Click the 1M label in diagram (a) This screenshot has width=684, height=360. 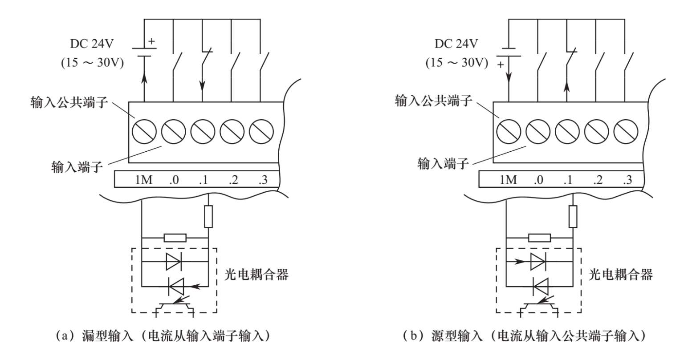click(x=144, y=180)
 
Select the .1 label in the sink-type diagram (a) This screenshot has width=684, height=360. click(x=204, y=180)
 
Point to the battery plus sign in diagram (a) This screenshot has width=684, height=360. click(x=152, y=41)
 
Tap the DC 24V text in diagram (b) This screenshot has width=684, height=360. click(x=456, y=44)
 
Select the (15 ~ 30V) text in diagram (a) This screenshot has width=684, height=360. click(x=92, y=63)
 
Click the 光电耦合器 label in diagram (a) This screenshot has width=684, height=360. click(x=256, y=275)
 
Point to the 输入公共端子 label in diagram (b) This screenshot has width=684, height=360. click(x=433, y=101)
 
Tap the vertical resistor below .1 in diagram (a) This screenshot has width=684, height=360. click(x=208, y=217)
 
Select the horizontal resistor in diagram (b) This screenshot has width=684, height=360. click(x=539, y=238)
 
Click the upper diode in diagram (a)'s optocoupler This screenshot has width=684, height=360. click(x=173, y=262)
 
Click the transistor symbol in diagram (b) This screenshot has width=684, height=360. click(x=539, y=307)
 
